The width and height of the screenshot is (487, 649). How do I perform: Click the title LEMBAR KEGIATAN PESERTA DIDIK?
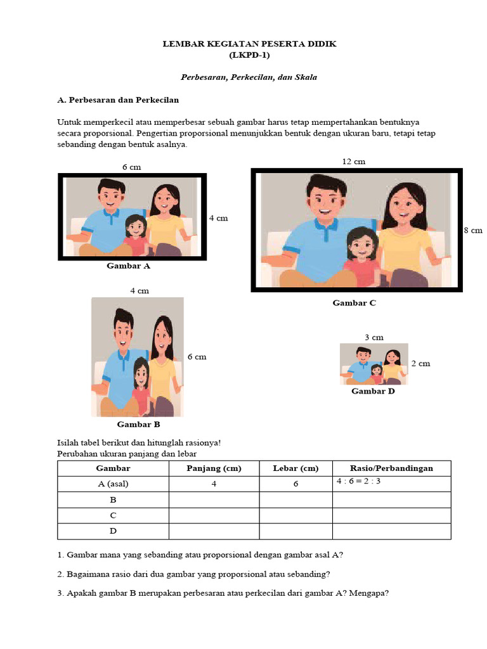tap(250, 44)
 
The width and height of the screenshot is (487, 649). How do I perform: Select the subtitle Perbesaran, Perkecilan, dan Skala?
tap(249, 77)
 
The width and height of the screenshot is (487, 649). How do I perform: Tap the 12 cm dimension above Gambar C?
tap(354, 162)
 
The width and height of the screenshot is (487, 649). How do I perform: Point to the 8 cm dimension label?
tap(473, 230)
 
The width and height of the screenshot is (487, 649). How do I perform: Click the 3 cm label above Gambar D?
tap(374, 337)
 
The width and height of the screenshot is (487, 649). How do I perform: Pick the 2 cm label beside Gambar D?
tap(420, 363)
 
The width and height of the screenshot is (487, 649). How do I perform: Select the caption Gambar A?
tap(129, 266)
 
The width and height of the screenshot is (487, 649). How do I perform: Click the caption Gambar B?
tap(138, 424)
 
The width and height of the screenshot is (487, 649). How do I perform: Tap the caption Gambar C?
tap(354, 303)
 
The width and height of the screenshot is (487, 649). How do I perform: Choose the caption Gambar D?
tap(373, 391)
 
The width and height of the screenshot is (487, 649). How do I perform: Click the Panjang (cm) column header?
tap(214, 468)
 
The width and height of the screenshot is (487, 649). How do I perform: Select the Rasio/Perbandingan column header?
tap(391, 468)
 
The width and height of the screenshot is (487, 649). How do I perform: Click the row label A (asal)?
tap(113, 484)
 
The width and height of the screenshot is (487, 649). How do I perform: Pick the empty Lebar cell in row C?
tap(295, 515)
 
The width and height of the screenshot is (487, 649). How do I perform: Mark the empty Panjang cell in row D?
tap(214, 531)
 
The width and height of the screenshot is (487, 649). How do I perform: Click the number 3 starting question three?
tap(60, 594)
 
